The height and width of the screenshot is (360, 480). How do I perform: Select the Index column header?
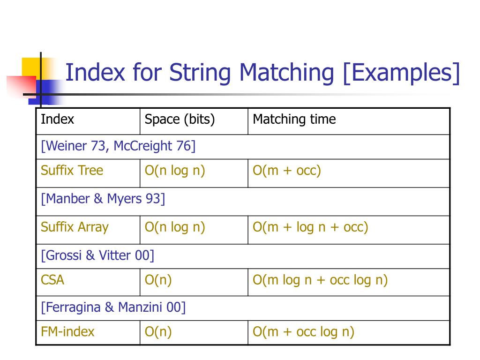[x=58, y=120]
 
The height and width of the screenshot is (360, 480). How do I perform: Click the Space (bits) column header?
[x=180, y=120]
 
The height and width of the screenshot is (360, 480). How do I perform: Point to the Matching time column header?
[x=294, y=120]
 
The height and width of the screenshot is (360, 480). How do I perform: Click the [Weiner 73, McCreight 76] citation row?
[x=118, y=146]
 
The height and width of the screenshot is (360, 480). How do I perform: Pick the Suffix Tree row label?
[x=72, y=170]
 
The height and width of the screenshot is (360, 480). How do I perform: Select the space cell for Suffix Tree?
[x=175, y=170]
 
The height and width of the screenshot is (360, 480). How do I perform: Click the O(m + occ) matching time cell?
[x=287, y=170]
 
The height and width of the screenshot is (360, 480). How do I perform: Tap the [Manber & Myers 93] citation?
[x=103, y=199]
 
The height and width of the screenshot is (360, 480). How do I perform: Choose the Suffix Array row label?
[x=75, y=227]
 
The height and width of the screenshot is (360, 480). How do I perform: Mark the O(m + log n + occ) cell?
[x=310, y=227]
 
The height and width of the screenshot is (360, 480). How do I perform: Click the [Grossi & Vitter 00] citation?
[x=97, y=255]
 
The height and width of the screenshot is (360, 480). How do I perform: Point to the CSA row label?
[x=52, y=280]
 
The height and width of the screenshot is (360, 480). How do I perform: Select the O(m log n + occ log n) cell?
[x=320, y=280]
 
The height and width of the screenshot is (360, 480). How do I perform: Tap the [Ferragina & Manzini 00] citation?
[x=113, y=307]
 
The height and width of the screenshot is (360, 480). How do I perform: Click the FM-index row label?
[x=67, y=332]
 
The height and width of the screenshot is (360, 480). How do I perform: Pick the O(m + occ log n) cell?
[x=303, y=332]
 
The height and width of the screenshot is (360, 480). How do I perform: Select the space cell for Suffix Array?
[x=175, y=227]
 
